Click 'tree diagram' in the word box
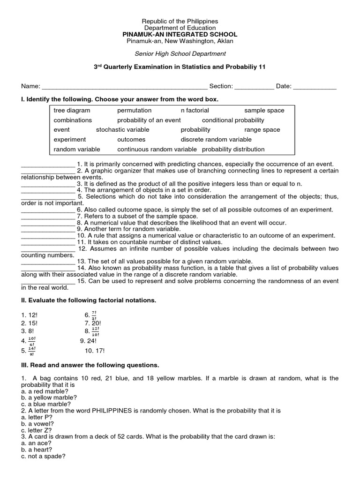coord(72,110)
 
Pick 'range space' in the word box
coord(262,129)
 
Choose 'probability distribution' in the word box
coord(233,149)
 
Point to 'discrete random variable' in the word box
coord(216,139)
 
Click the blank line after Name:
coord(125,87)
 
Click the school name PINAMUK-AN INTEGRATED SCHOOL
coord(180,35)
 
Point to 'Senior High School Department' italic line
coord(180,53)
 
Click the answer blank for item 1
coord(48,165)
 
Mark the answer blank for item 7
coord(48,216)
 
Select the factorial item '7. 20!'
coord(93,323)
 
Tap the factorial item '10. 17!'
coord(95,350)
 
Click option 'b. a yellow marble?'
coord(49,397)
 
